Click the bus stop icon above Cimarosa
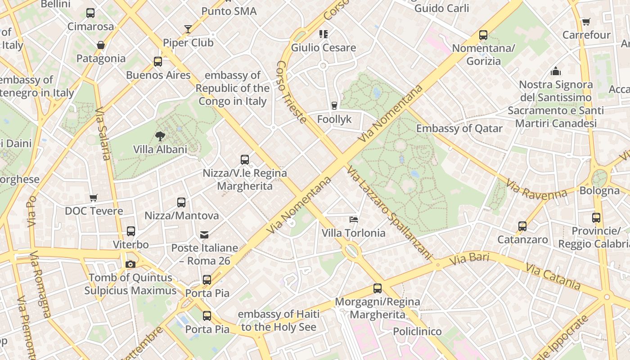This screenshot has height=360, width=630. click(90, 13)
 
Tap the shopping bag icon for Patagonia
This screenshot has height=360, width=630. click(101, 45)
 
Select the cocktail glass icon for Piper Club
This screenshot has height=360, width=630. click(188, 29)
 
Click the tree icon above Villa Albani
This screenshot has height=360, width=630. click(160, 136)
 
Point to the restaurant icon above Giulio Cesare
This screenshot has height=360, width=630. click(323, 34)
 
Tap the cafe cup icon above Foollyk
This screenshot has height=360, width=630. click(334, 106)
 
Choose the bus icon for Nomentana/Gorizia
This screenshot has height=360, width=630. click(483, 35)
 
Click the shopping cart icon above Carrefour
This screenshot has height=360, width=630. click(586, 22)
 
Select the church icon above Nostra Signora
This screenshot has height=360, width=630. click(556, 71)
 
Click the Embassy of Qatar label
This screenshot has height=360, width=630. click(459, 129)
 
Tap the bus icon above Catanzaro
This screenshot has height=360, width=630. click(522, 226)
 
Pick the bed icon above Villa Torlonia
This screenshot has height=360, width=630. click(354, 220)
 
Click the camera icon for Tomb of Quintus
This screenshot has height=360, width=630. click(130, 264)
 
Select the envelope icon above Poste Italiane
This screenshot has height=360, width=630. click(204, 234)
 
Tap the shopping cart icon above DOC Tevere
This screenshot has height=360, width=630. click(94, 198)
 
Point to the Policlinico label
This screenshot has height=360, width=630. click(417, 332)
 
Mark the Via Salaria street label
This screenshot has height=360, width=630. click(103, 134)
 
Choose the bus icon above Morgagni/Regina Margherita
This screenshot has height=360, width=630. click(378, 288)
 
